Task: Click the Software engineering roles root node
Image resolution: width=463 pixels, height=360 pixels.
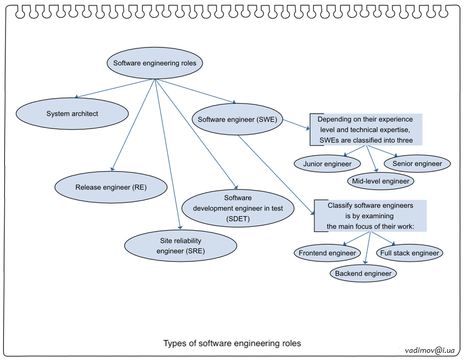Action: [155, 64]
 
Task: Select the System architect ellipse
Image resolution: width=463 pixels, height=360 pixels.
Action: [72, 114]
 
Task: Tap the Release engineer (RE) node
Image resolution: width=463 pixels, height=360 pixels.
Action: [111, 187]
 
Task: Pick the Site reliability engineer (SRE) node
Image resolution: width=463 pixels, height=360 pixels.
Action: [181, 246]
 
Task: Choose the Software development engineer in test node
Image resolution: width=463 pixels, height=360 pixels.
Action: [238, 209]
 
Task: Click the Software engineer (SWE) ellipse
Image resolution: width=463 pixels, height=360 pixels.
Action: [238, 120]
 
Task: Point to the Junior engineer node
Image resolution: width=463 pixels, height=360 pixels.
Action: [327, 164]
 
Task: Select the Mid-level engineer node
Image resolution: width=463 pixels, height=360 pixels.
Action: [381, 181]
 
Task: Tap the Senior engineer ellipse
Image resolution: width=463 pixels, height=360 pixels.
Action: [417, 164]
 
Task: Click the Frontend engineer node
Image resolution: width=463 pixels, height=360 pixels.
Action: [328, 253]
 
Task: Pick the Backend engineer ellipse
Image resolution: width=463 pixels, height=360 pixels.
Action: [363, 274]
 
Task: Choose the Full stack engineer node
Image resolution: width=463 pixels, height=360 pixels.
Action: [409, 253]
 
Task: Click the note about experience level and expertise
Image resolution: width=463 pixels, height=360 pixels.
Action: [366, 130]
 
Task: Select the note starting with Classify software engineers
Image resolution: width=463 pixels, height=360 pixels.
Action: [370, 215]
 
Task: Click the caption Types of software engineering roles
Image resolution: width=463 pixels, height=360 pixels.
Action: [232, 343]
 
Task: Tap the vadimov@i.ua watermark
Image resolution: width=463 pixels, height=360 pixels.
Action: [430, 350]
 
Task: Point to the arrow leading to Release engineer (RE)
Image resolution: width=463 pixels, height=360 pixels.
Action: [133, 124]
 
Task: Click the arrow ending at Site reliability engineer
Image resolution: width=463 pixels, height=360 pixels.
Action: [168, 154]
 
